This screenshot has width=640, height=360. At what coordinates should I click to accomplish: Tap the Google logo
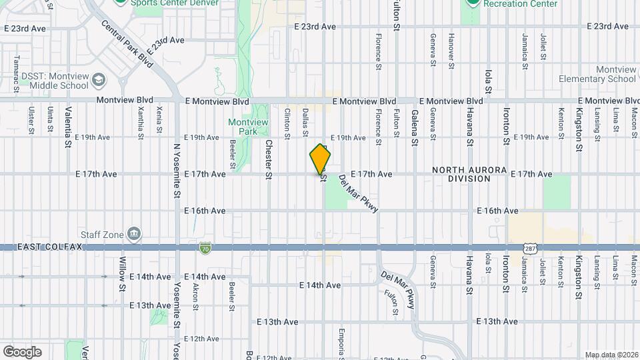[21, 352]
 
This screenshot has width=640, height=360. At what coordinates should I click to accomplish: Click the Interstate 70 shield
[205, 248]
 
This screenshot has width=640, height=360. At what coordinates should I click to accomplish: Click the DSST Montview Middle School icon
[99, 81]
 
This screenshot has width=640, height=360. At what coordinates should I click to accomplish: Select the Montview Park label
[248, 127]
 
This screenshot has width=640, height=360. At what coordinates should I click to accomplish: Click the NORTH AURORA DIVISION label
[469, 175]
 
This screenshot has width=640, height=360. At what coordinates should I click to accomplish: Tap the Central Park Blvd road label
[127, 43]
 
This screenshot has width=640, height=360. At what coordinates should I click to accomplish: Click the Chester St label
[269, 159]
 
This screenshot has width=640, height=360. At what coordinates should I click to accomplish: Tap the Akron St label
[195, 296]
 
